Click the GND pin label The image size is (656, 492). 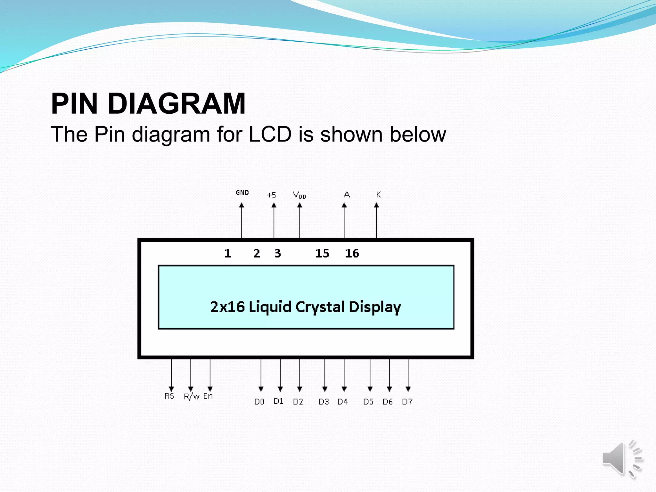[x=242, y=193]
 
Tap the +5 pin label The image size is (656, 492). [x=271, y=195]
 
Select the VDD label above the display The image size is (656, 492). [x=299, y=195]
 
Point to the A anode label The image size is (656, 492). [x=347, y=194]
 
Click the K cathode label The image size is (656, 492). [x=378, y=194]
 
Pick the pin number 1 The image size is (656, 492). [x=228, y=253]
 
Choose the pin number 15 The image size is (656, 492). [x=322, y=253]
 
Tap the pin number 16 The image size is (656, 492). [x=352, y=253]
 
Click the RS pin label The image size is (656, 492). [x=169, y=396]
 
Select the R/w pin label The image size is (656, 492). [x=192, y=397]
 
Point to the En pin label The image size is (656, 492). [x=208, y=396]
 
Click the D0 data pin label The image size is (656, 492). [x=259, y=402]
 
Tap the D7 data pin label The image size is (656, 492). [x=407, y=402]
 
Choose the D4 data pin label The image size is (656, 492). [x=343, y=402]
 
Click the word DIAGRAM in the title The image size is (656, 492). [x=176, y=103]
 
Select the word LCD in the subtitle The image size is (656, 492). [x=270, y=134]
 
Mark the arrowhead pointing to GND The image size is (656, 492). [x=242, y=205]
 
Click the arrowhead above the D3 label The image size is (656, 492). [x=325, y=389]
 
